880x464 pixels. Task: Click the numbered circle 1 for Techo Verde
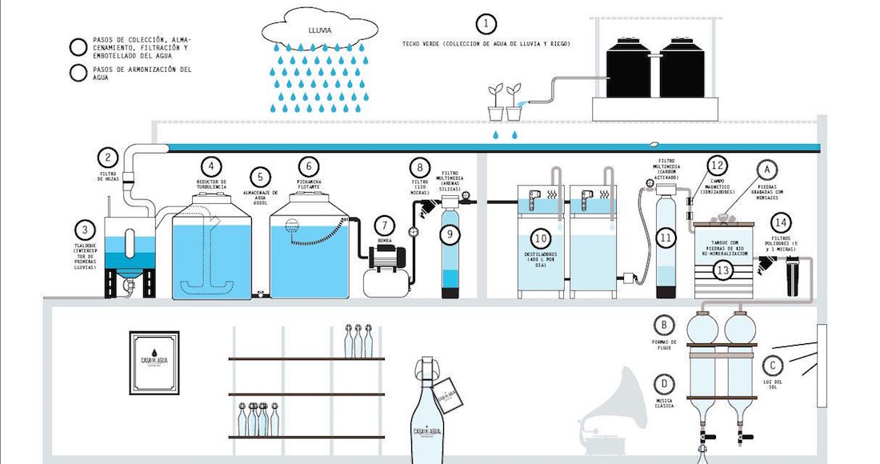[486, 23]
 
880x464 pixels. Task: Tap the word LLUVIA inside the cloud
[319, 30]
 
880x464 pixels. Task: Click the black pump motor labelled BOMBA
[387, 256]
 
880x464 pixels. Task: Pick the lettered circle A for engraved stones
[766, 169]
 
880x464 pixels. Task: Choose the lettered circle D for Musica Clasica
[663, 382]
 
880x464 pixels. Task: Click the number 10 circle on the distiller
[542, 238]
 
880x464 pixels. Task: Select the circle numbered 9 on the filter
[450, 234]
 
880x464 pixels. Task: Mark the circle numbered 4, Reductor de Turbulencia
[211, 166]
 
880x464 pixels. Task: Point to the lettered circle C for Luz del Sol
[772, 366]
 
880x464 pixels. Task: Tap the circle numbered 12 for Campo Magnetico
[718, 166]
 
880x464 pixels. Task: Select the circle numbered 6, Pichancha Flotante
[309, 166]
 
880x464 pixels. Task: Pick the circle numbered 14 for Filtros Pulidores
[780, 222]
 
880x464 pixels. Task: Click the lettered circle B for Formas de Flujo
[663, 325]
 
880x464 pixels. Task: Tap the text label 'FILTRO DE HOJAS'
[109, 175]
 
